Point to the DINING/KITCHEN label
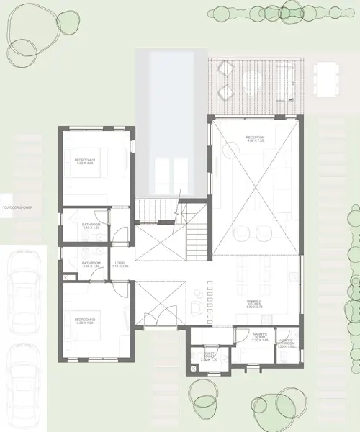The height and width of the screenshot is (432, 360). (x=256, y=302)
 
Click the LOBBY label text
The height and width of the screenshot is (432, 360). (x=120, y=264)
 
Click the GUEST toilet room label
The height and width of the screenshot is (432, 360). (x=209, y=356)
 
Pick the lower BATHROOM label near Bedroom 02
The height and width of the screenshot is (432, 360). (x=91, y=264)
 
